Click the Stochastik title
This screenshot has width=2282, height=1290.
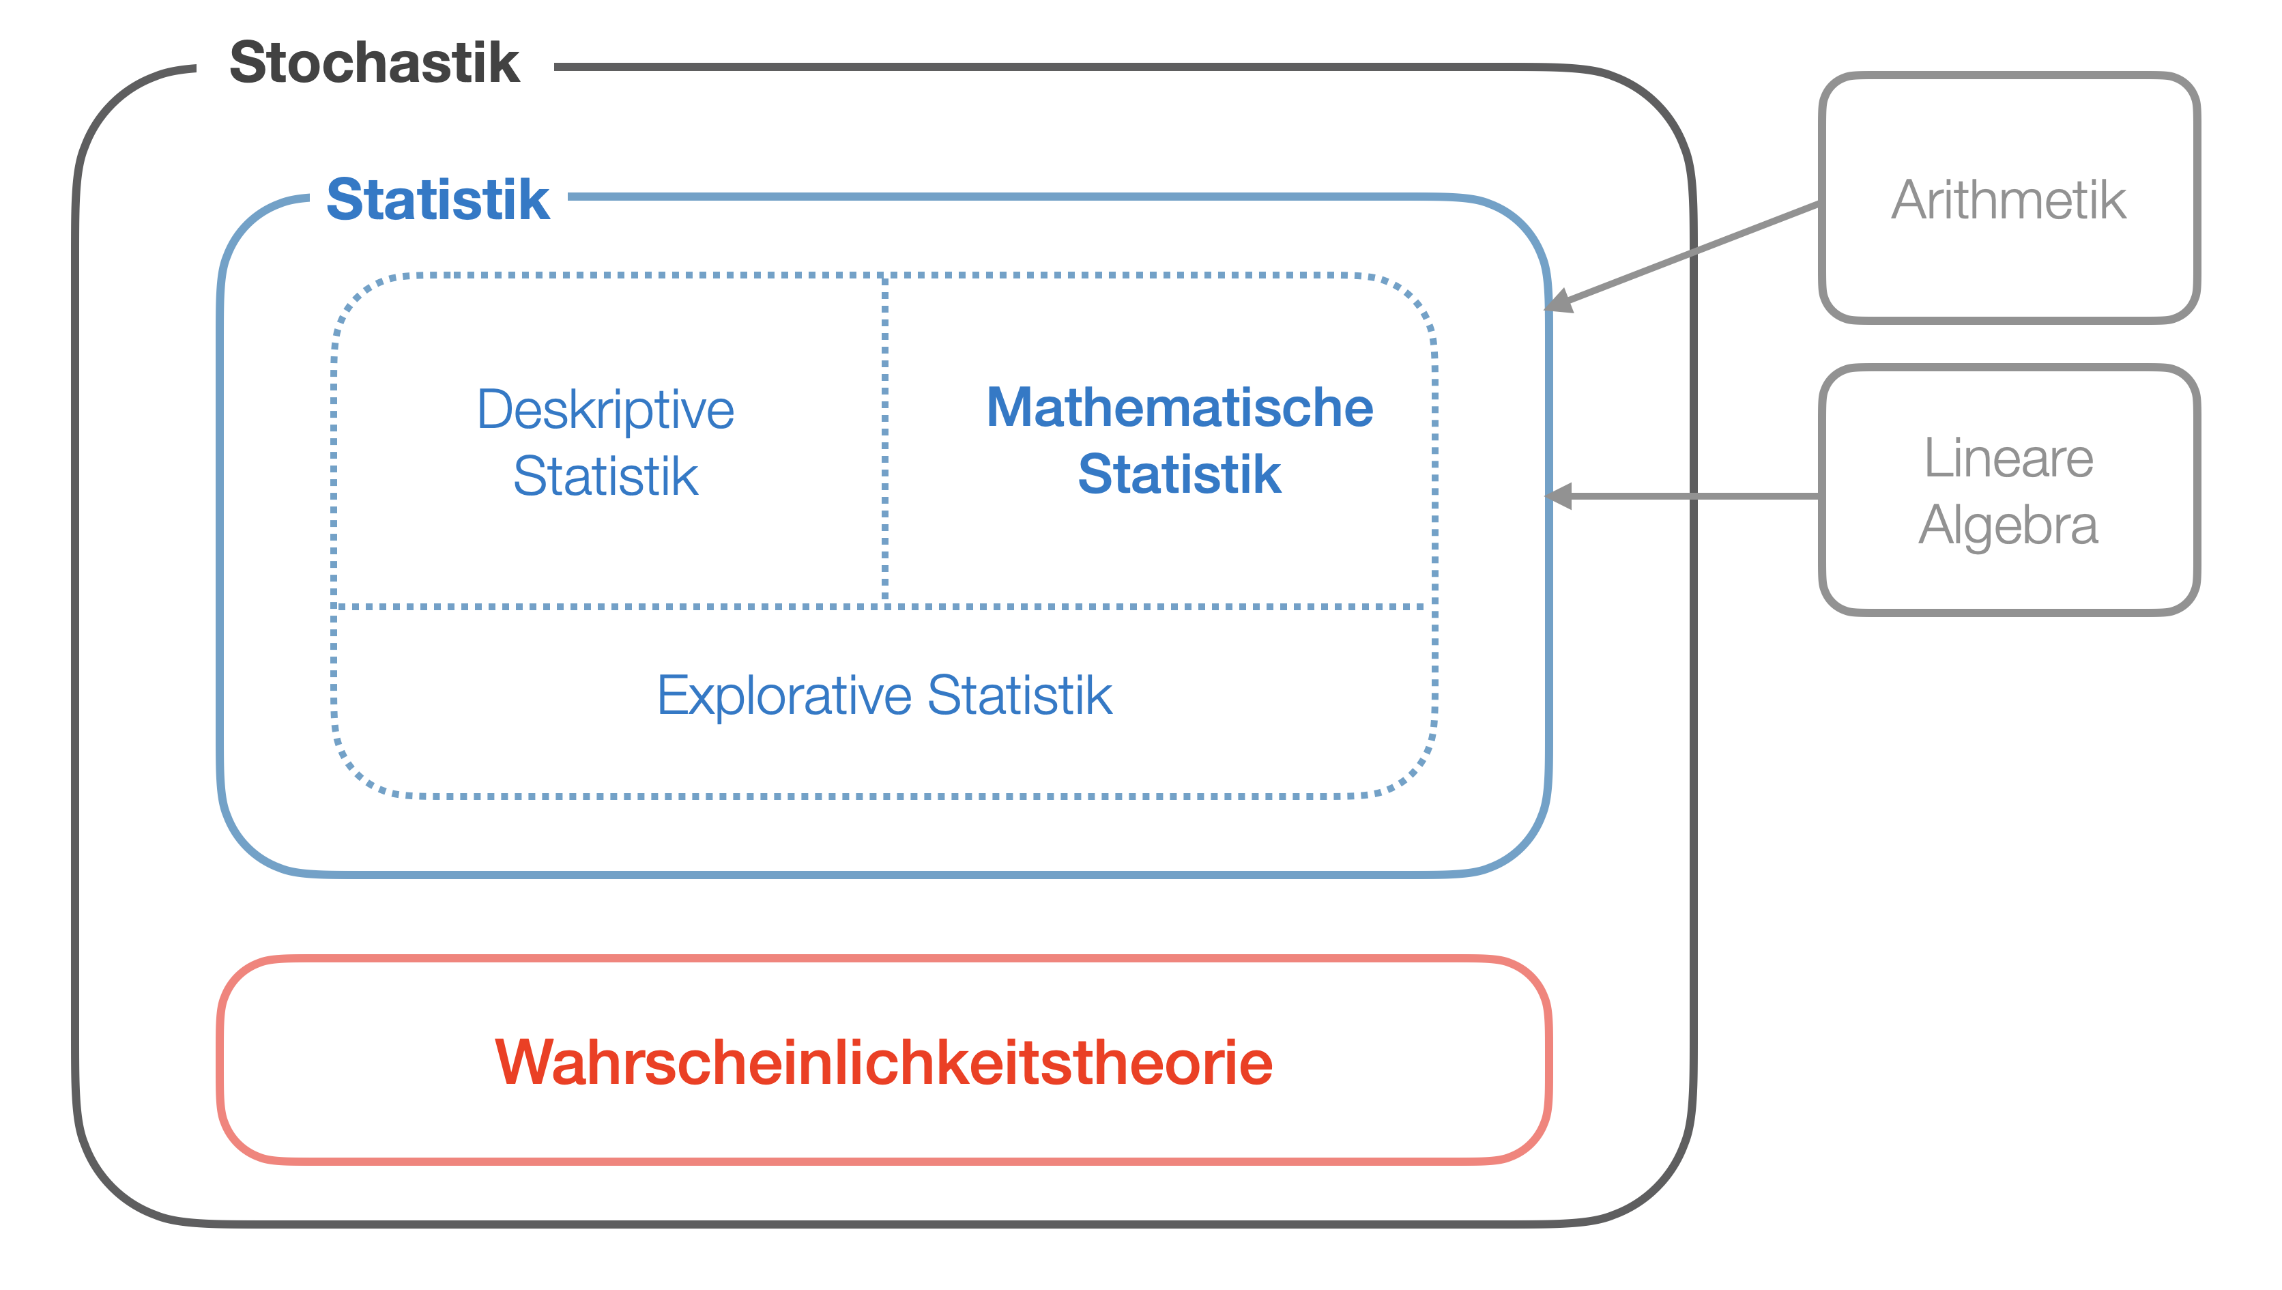coord(374,63)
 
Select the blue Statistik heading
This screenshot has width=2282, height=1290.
coord(437,199)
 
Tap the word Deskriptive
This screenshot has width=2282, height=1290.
coord(606,410)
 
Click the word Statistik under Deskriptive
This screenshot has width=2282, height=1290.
coord(606,476)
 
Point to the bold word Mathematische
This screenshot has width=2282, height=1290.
coord(1179,407)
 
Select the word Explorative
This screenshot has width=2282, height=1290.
coord(784,696)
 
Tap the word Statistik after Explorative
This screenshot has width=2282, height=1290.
coord(1020,696)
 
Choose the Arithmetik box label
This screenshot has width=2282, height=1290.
coord(2008,200)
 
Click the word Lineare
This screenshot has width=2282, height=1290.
coord(2008,458)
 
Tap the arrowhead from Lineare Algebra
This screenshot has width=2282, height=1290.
coord(1558,496)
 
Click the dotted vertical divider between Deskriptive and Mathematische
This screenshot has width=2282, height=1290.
coord(885,443)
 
